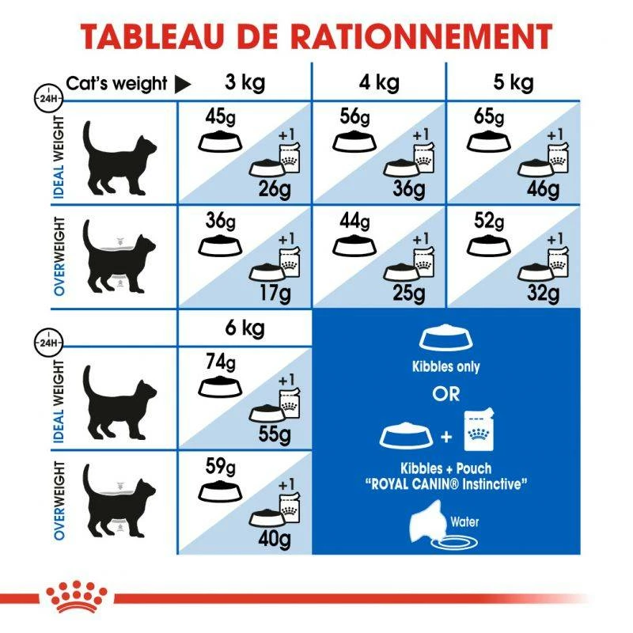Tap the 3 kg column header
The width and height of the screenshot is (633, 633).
tap(245, 82)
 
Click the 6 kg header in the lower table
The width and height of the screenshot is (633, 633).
tap(245, 328)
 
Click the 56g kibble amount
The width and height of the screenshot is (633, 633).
tap(354, 118)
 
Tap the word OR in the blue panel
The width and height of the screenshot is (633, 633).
tap(445, 393)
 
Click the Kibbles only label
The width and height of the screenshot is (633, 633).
tap(445, 367)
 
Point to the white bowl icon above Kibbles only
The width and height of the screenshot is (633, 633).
tap(445, 339)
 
